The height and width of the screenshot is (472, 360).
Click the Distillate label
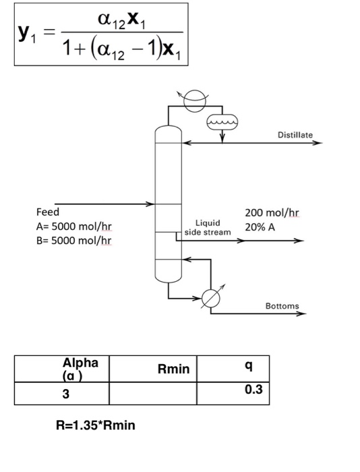coord(295,136)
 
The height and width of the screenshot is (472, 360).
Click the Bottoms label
coord(282,305)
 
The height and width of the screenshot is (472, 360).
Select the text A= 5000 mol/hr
coord(73,226)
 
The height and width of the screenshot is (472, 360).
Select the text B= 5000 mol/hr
coord(73,240)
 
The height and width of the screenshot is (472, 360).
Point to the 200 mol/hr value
coord(272,212)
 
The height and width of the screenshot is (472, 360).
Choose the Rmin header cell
coord(173,369)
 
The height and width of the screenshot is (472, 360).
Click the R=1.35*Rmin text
coord(96,425)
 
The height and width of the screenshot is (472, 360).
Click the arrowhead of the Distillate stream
coord(319,143)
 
